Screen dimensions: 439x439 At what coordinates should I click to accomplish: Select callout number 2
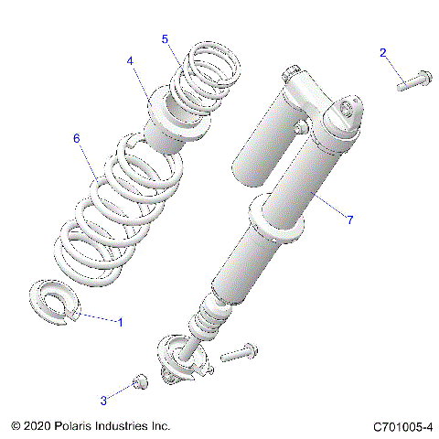pos(383,53)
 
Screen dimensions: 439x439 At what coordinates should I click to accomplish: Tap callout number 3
pos(103,400)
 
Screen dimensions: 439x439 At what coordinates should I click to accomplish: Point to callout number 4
pos(131,60)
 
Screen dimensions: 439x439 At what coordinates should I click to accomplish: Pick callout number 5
pos(165,38)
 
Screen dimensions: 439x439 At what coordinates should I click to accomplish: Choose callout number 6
pos(77,137)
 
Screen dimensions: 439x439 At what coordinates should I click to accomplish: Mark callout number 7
pos(348,218)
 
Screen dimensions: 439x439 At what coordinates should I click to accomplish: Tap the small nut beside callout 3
pos(140,383)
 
